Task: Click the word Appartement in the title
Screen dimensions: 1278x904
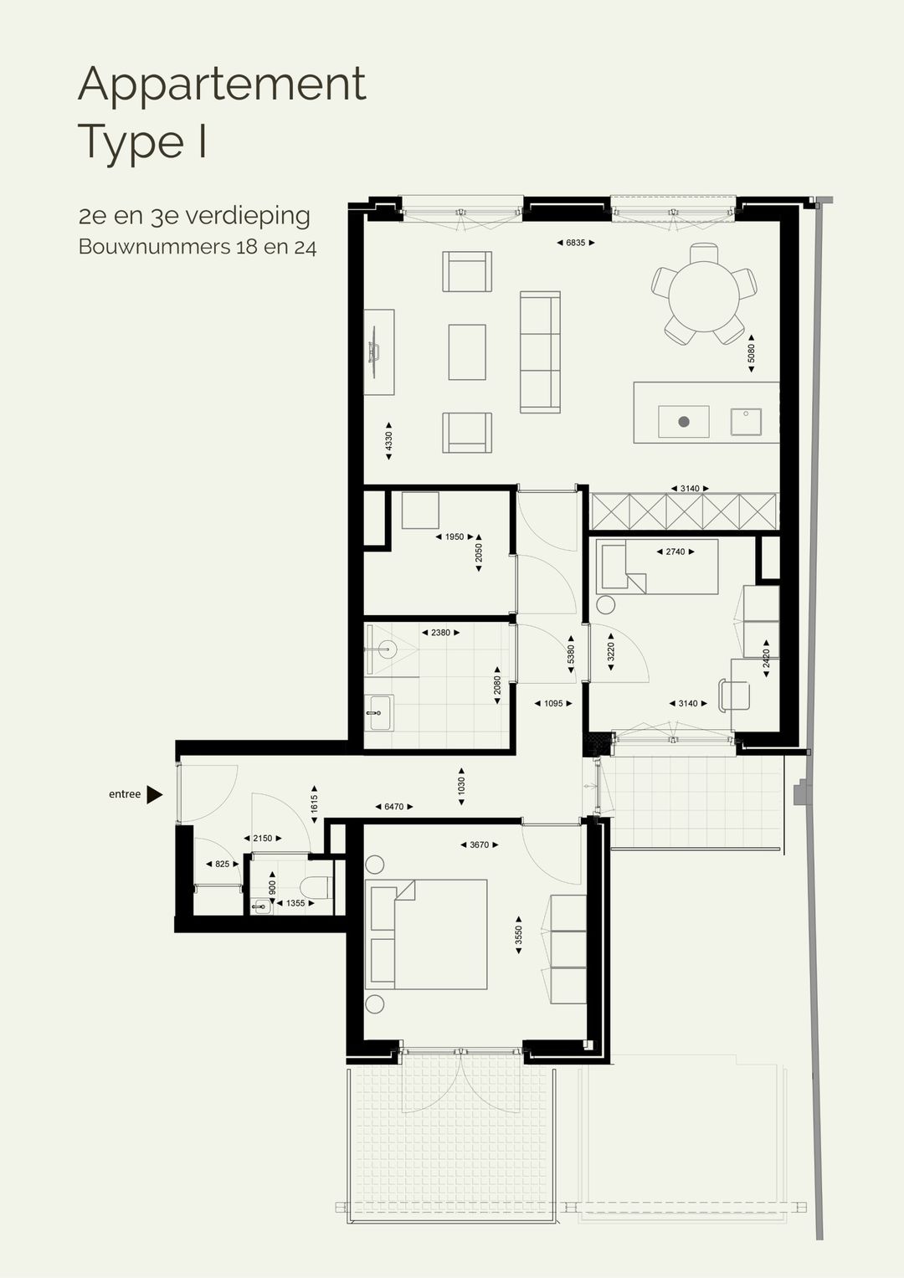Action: coord(222,85)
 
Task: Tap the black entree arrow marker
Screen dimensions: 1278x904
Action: coord(154,794)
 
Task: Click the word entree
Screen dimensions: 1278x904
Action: coord(125,794)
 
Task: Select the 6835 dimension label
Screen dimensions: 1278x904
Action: coord(575,243)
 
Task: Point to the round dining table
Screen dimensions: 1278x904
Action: coord(703,294)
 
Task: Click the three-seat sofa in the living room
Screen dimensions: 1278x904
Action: coord(540,352)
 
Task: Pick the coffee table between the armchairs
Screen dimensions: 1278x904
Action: coord(466,352)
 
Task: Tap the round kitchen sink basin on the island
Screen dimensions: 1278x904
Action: coord(684,422)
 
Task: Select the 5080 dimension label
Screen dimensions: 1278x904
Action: coord(751,353)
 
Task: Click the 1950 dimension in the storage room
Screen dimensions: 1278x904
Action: coord(455,537)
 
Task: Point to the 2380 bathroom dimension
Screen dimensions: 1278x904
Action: coord(440,633)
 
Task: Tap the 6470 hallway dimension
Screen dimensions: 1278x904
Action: coord(393,807)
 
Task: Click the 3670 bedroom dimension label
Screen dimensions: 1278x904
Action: coord(479,845)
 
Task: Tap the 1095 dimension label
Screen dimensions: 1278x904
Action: coord(553,704)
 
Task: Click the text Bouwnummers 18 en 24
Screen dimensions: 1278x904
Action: coord(198,247)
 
